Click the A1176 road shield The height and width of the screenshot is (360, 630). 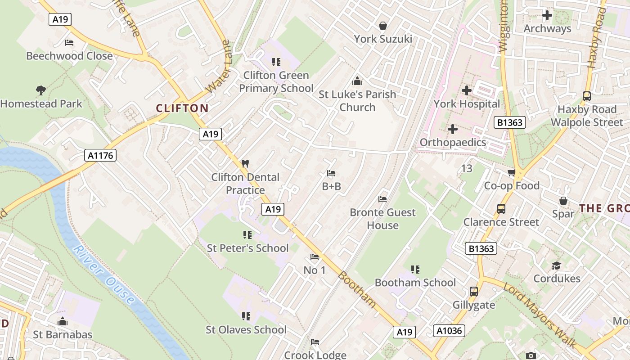coord(100,156)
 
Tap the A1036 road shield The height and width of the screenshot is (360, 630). coord(449,331)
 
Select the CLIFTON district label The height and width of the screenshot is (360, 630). coord(182,108)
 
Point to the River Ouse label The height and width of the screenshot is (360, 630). coord(103,274)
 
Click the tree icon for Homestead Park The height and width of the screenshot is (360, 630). coord(41,90)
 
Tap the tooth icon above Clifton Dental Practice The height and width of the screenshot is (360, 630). coord(245,163)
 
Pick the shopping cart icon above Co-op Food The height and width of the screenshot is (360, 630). coord(511,173)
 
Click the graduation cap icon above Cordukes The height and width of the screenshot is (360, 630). coord(557,265)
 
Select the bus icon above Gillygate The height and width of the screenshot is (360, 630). coord(474,292)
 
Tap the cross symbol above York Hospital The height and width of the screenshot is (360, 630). coord(467,90)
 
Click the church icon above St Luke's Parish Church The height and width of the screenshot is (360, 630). coord(357,81)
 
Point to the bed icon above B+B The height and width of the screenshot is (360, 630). coord(331,173)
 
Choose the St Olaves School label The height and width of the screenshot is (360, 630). coord(246,330)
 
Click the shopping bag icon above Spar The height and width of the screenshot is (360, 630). coord(563,201)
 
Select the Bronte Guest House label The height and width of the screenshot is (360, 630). coord(382,219)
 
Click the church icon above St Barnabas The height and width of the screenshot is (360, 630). coord(63,321)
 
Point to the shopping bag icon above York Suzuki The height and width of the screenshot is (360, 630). coord(383,26)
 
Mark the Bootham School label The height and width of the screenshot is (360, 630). coord(415,283)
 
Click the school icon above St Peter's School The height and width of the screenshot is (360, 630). coord(247,235)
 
